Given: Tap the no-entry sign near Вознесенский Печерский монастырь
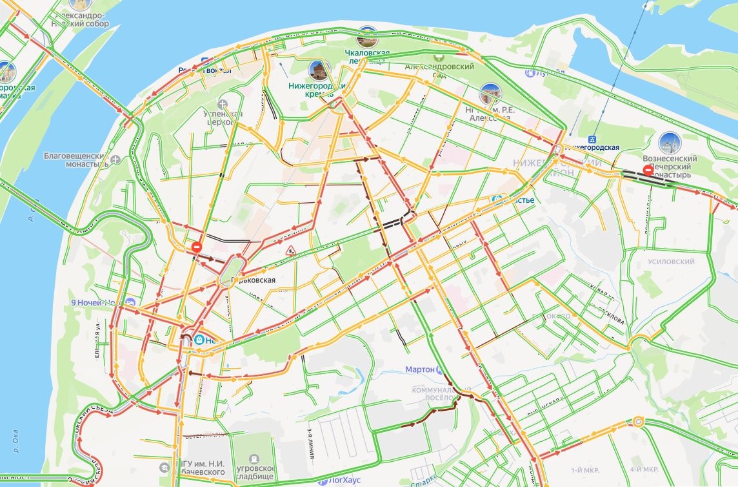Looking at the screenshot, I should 648,171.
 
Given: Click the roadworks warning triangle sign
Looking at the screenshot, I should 291,251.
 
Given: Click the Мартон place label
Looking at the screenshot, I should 419,369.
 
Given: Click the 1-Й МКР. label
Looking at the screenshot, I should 586,469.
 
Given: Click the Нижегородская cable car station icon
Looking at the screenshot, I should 592,139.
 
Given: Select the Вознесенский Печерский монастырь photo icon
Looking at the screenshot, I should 669,143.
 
